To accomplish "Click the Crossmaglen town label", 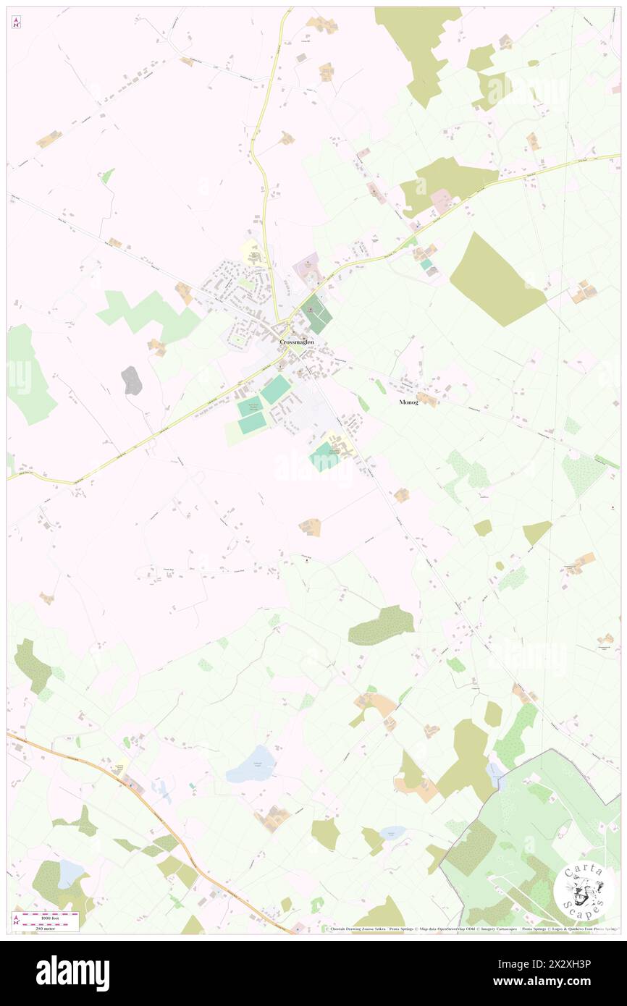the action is click(x=297, y=342).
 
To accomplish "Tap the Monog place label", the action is click(x=408, y=402).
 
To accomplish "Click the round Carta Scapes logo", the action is click(x=584, y=891).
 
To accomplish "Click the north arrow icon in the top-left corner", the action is click(x=16, y=22).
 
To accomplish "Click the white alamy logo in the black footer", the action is click(x=72, y=973).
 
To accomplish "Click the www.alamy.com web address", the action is click(x=550, y=982).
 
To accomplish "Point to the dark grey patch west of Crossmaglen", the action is click(x=131, y=380).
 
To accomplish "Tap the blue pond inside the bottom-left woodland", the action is click(x=70, y=874).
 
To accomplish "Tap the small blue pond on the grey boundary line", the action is click(x=496, y=774).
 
